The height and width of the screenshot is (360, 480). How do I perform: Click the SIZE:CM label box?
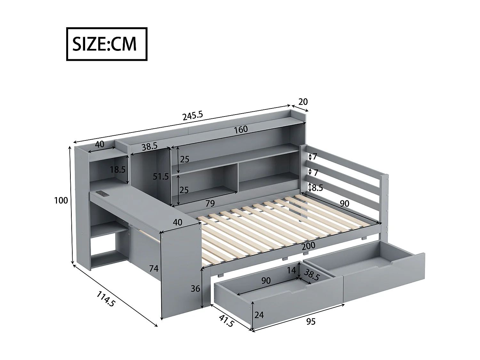[x=107, y=44]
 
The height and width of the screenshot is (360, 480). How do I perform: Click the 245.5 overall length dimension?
[x=193, y=116]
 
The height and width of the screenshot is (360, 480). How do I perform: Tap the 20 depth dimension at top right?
[x=303, y=102]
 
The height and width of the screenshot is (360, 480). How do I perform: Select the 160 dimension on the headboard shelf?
[x=240, y=129]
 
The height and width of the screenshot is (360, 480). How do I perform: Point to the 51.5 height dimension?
[x=160, y=176]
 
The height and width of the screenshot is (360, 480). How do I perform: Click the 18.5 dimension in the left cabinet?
[x=118, y=170]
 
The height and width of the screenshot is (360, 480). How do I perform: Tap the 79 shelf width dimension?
[x=210, y=203]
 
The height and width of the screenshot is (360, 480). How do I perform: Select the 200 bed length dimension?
[x=308, y=246]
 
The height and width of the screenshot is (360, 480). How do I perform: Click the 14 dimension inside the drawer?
[x=291, y=270]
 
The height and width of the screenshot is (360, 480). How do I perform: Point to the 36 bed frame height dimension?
[x=195, y=289]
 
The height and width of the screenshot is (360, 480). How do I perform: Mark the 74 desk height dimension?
[x=154, y=269]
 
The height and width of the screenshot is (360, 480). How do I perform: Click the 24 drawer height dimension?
[x=259, y=315]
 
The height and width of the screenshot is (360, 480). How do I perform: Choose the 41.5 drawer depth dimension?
[x=227, y=320]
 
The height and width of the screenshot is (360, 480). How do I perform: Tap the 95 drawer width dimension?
[x=310, y=322]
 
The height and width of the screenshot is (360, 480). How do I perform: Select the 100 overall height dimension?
[x=61, y=201]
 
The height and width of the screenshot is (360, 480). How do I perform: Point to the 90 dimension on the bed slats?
[x=344, y=204]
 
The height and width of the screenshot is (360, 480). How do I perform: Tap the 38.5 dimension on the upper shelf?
[x=149, y=147]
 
